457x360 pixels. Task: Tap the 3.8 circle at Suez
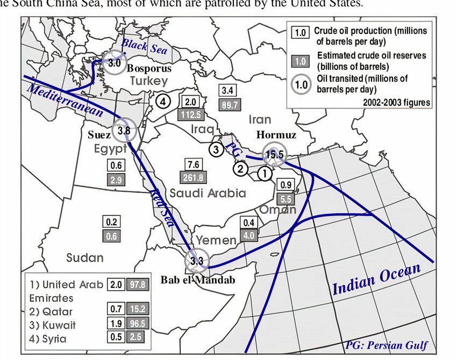(124, 129)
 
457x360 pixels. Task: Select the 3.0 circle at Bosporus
(115, 63)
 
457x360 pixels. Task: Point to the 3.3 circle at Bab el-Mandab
(196, 262)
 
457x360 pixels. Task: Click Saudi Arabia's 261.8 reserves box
(192, 177)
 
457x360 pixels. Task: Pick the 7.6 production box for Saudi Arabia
(192, 164)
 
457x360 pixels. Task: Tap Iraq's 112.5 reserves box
(190, 114)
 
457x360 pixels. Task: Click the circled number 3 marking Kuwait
(216, 149)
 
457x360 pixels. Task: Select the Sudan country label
(85, 257)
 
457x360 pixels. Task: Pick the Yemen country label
(215, 240)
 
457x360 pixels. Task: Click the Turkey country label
(148, 81)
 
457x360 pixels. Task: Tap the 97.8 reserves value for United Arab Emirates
(136, 285)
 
